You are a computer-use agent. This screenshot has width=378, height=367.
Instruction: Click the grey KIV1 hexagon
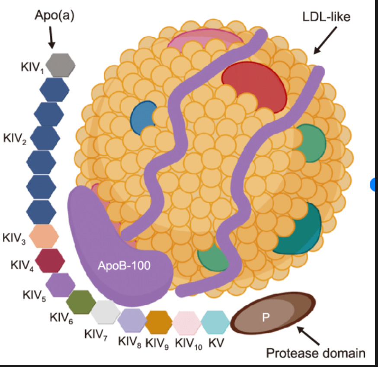tap(61, 65)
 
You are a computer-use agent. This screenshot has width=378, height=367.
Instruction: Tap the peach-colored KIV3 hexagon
tap(43, 236)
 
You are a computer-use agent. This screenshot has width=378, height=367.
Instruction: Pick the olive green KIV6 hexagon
tap(81, 301)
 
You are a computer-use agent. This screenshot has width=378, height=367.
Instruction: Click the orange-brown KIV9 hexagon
tap(159, 322)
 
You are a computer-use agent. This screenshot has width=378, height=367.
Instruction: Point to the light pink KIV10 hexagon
tap(187, 322)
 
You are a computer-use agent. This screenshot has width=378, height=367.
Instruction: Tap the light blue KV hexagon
tap(215, 322)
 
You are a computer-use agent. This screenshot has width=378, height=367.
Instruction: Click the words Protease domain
tap(315, 353)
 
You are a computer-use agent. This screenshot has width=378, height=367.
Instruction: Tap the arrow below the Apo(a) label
tap(52, 39)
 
